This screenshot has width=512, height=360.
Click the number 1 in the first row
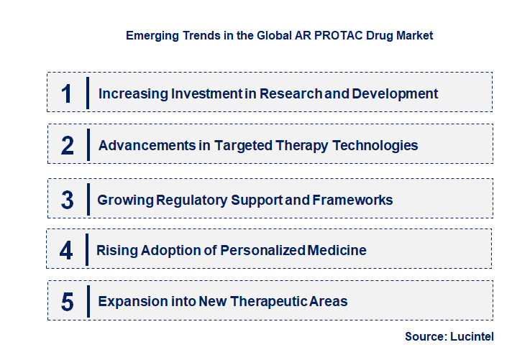click(67, 93)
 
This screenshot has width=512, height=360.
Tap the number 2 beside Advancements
click(68, 146)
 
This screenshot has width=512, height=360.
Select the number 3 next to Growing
click(68, 200)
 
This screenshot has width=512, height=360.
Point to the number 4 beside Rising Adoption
click(67, 251)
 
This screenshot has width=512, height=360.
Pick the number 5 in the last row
click(68, 302)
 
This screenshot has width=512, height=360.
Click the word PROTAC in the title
click(324, 34)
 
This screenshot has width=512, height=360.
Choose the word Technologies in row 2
click(373, 146)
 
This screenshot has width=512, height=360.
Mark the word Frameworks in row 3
click(352, 200)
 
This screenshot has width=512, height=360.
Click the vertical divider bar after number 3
click(87, 199)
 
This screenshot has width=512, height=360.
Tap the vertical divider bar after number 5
click(87, 300)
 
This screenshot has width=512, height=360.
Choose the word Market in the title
click(415, 34)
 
